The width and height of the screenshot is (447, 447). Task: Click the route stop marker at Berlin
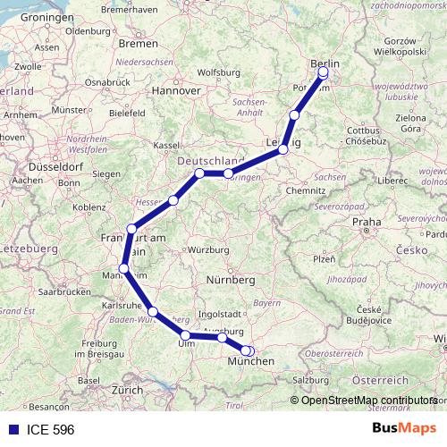[x=324, y=73]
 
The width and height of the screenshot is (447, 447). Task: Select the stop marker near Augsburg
[x=222, y=337]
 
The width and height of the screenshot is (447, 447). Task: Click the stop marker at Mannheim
[x=124, y=269]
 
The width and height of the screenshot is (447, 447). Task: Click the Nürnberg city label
[x=232, y=280]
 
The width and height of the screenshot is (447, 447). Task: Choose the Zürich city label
[x=126, y=391]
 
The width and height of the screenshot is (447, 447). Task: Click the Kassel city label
[x=167, y=145]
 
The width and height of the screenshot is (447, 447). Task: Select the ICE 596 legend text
[x=44, y=429]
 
